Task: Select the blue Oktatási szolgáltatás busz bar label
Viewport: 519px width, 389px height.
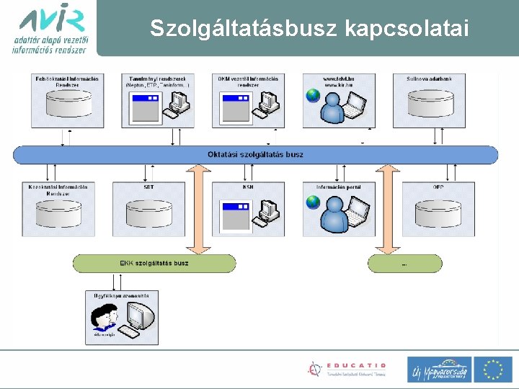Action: [x=255, y=154]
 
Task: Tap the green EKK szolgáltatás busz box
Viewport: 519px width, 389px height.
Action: [x=154, y=263]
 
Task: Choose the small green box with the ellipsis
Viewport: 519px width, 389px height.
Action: [x=404, y=264]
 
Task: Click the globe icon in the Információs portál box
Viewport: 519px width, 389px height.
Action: [x=312, y=202]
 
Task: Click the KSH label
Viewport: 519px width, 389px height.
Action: [x=248, y=187]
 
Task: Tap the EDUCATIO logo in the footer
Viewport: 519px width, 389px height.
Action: [x=347, y=369]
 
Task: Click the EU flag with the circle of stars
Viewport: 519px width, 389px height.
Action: [x=493, y=369]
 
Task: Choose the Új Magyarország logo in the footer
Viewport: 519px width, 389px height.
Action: [x=439, y=370]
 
